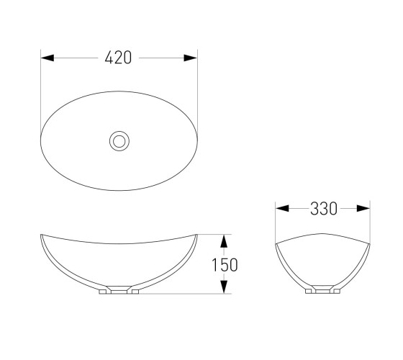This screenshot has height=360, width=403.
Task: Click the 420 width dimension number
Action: pos(118,58)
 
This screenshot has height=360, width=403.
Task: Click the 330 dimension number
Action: pos(324,209)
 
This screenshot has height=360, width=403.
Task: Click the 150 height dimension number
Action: pos(225,265)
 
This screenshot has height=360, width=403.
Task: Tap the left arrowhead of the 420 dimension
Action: pos(47,58)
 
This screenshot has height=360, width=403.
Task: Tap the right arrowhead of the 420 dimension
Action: pos(191,58)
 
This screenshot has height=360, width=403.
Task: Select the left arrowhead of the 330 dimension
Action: pos(282,208)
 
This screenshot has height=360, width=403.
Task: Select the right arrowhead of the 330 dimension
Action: pos(363,208)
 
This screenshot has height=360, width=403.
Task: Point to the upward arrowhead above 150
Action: pos(224,241)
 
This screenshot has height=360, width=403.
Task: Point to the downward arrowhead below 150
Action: pos(224,287)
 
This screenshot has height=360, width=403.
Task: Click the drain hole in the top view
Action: pos(119,141)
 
